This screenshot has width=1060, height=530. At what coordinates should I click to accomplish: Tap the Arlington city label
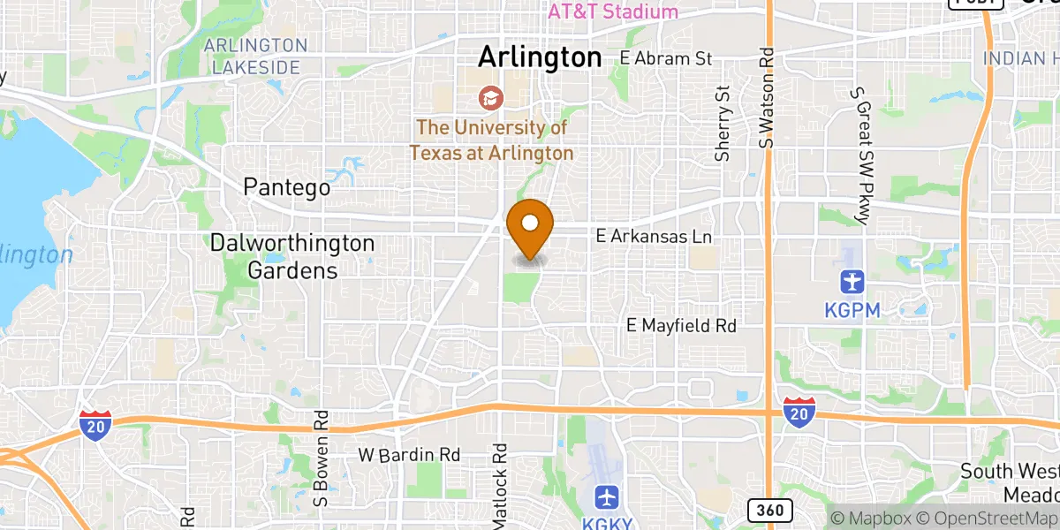(539, 57)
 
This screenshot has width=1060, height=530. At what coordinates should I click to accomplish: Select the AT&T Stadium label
(613, 11)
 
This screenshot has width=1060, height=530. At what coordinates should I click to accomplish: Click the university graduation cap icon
(488, 97)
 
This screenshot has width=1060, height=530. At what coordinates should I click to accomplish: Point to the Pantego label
(287, 188)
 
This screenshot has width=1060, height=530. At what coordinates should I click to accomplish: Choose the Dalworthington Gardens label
(291, 256)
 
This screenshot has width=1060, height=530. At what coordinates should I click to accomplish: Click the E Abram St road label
(665, 58)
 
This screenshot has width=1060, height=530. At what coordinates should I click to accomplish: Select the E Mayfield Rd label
(681, 326)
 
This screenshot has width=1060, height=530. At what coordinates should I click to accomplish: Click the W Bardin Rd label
(409, 455)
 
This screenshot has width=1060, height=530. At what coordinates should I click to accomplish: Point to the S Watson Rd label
(766, 97)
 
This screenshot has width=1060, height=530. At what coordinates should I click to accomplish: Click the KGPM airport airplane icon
(853, 283)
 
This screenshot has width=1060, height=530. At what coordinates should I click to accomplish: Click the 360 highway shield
(769, 510)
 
